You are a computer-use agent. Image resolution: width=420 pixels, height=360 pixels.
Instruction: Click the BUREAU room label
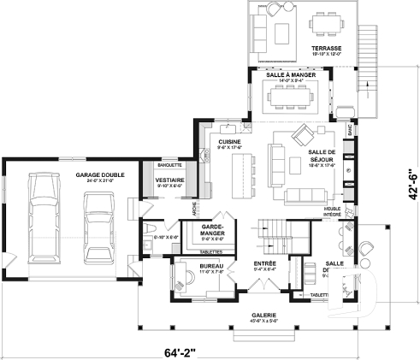point(210,267)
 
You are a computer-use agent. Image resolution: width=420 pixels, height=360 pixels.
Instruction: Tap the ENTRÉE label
point(264,264)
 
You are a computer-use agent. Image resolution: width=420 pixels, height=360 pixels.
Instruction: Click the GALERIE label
point(263,317)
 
